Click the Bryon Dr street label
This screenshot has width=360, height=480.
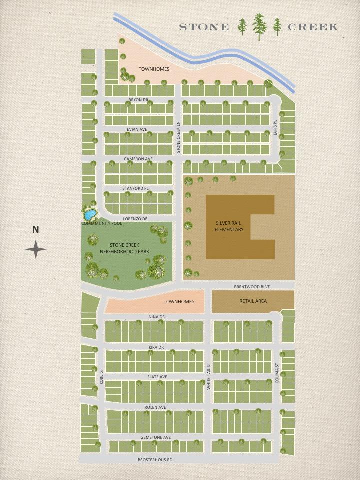(138, 100)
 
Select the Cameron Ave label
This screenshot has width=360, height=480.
(138, 159)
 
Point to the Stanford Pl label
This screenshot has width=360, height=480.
(135, 188)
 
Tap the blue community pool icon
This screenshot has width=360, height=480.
(90, 215)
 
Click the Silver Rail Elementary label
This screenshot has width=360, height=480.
(229, 226)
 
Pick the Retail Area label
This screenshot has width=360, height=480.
(253, 301)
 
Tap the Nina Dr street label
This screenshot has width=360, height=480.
(156, 317)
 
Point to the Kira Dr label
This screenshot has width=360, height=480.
(156, 347)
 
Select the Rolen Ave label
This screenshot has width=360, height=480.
(155, 407)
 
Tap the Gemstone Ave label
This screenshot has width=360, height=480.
(155, 437)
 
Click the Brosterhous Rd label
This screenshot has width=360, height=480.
(155, 459)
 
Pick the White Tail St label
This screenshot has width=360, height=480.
(209, 377)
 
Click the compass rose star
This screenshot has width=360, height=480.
(36, 249)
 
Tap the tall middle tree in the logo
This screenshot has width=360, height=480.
(259, 26)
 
